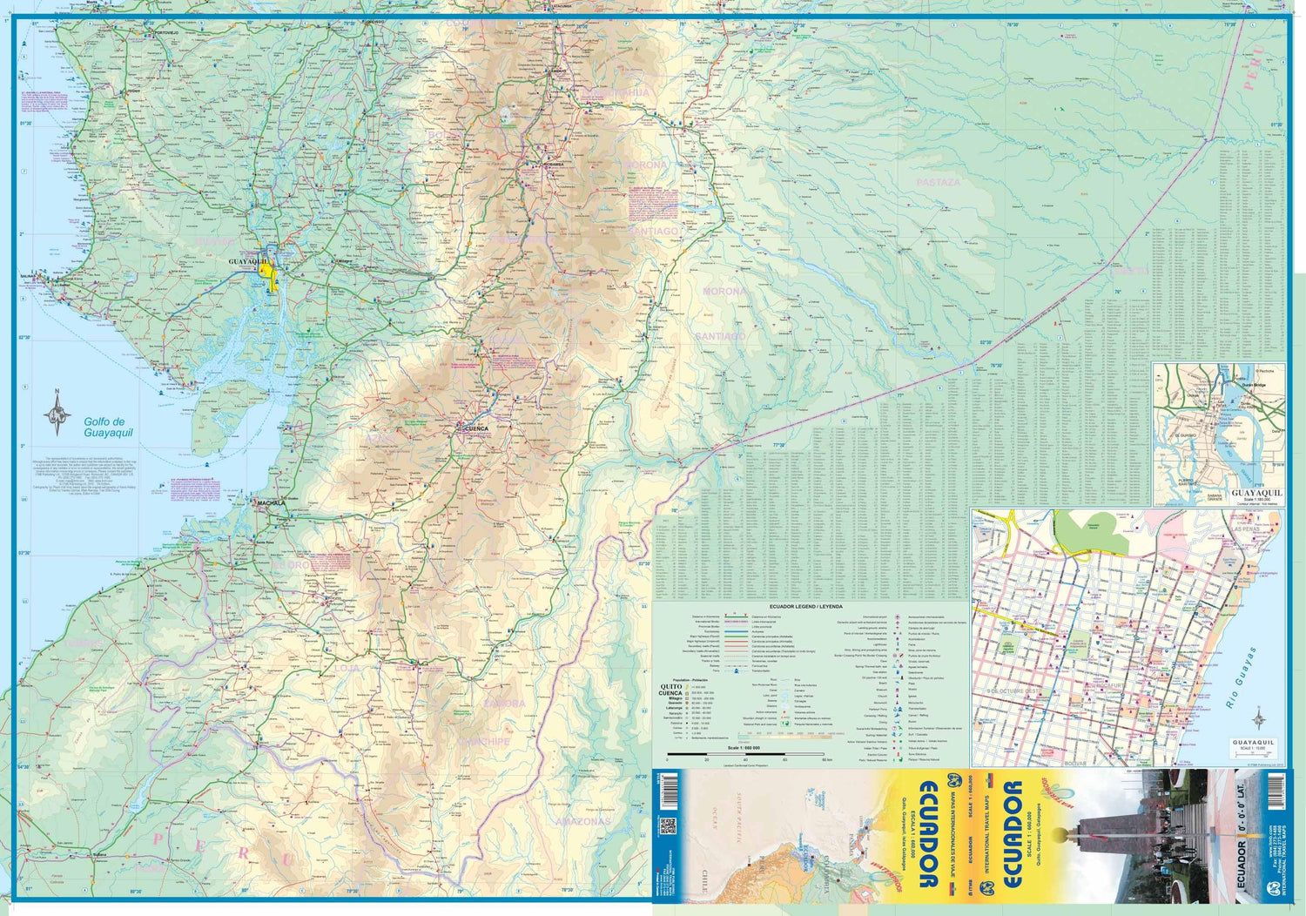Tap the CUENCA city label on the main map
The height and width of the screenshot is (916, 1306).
[x=475, y=428]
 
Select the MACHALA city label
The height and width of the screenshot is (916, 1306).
[x=271, y=503]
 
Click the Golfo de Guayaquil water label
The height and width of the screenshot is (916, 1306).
[x=108, y=428]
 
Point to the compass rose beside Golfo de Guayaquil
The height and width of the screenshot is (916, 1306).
[x=57, y=413]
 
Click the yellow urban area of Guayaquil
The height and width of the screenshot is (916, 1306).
[x=269, y=275]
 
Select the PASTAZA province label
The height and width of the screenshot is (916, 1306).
[x=939, y=183]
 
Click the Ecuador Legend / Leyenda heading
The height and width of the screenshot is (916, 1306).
[x=805, y=606]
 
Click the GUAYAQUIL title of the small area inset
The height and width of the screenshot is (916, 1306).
[x=1257, y=493]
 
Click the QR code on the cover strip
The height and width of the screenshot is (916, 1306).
[x=668, y=825]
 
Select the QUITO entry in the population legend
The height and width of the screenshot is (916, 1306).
[x=670, y=686]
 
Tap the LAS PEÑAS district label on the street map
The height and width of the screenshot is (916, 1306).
[x=1247, y=529]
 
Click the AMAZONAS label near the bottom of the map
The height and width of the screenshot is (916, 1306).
[x=582, y=821]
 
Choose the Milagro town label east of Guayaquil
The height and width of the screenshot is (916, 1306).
[x=346, y=259]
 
